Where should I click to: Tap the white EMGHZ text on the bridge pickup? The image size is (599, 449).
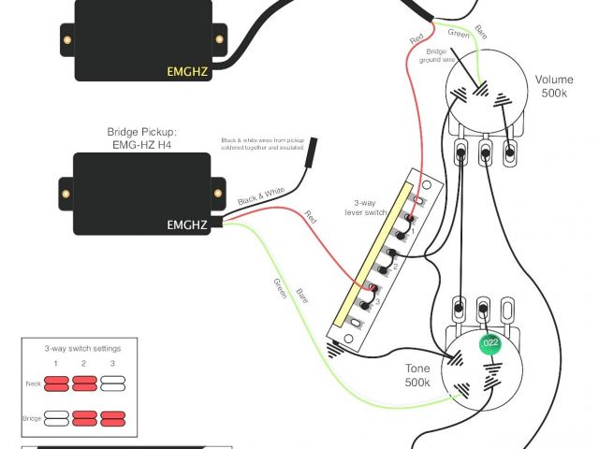[188, 224]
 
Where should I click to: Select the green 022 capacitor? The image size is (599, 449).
[489, 344]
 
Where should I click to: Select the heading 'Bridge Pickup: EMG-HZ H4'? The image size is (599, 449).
[144, 138]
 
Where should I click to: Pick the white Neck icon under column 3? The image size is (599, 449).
[113, 384]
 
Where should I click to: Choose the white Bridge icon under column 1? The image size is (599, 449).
[55, 414]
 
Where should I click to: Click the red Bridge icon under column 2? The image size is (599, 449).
[84, 414]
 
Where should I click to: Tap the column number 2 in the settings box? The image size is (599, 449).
[84, 363]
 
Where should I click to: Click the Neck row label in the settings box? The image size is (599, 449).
[33, 384]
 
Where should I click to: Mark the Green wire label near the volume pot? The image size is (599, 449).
[459, 35]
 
